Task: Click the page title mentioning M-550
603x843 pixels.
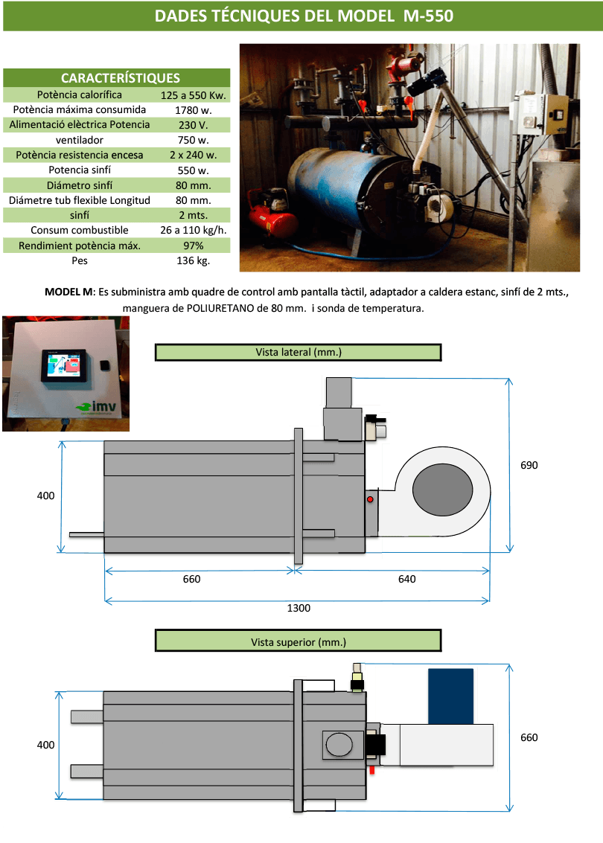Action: pos(303,16)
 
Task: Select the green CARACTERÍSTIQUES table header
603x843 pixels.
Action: pos(120,78)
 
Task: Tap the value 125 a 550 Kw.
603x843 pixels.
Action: pos(194,95)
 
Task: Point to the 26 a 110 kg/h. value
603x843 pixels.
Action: pos(193,230)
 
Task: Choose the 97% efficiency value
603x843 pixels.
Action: pos(193,246)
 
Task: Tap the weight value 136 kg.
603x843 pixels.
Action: pos(193,261)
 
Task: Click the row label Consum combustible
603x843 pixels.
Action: pos(80,230)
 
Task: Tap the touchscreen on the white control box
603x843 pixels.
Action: pos(67,365)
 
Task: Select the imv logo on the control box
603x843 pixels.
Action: pos(97,407)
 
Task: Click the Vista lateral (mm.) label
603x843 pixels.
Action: pos(298,352)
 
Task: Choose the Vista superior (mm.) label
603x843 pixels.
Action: pos(298,641)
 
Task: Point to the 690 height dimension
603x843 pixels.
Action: pos(529,465)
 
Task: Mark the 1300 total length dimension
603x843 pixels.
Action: pos(299,608)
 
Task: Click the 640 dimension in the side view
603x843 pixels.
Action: pos(406,579)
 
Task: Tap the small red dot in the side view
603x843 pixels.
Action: pos(370,500)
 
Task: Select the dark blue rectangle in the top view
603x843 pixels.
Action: pos(450,696)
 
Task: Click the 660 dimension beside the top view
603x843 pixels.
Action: pos(529,737)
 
